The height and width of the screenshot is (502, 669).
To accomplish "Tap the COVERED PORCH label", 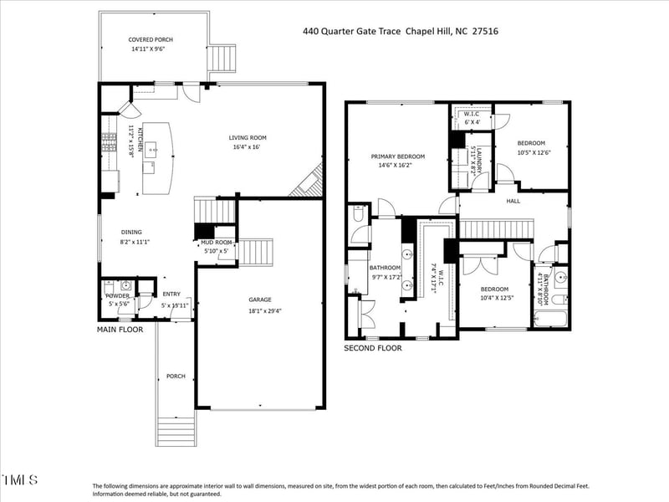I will (150, 39).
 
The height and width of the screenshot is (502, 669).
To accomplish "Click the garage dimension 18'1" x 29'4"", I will (265, 310).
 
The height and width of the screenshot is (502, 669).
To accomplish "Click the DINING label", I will (130, 233).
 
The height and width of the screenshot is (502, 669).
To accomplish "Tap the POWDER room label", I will (118, 295).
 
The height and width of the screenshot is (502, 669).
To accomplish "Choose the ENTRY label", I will (171, 295).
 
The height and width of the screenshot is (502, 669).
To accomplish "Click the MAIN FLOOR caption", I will (120, 330).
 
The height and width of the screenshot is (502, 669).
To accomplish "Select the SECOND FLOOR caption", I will (374, 347).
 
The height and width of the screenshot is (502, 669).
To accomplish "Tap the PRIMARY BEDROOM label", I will (398, 156).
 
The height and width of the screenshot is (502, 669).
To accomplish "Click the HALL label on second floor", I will (513, 201).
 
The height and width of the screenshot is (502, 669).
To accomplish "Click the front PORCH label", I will (176, 376).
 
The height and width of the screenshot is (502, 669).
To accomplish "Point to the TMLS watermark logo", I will (19, 480).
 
